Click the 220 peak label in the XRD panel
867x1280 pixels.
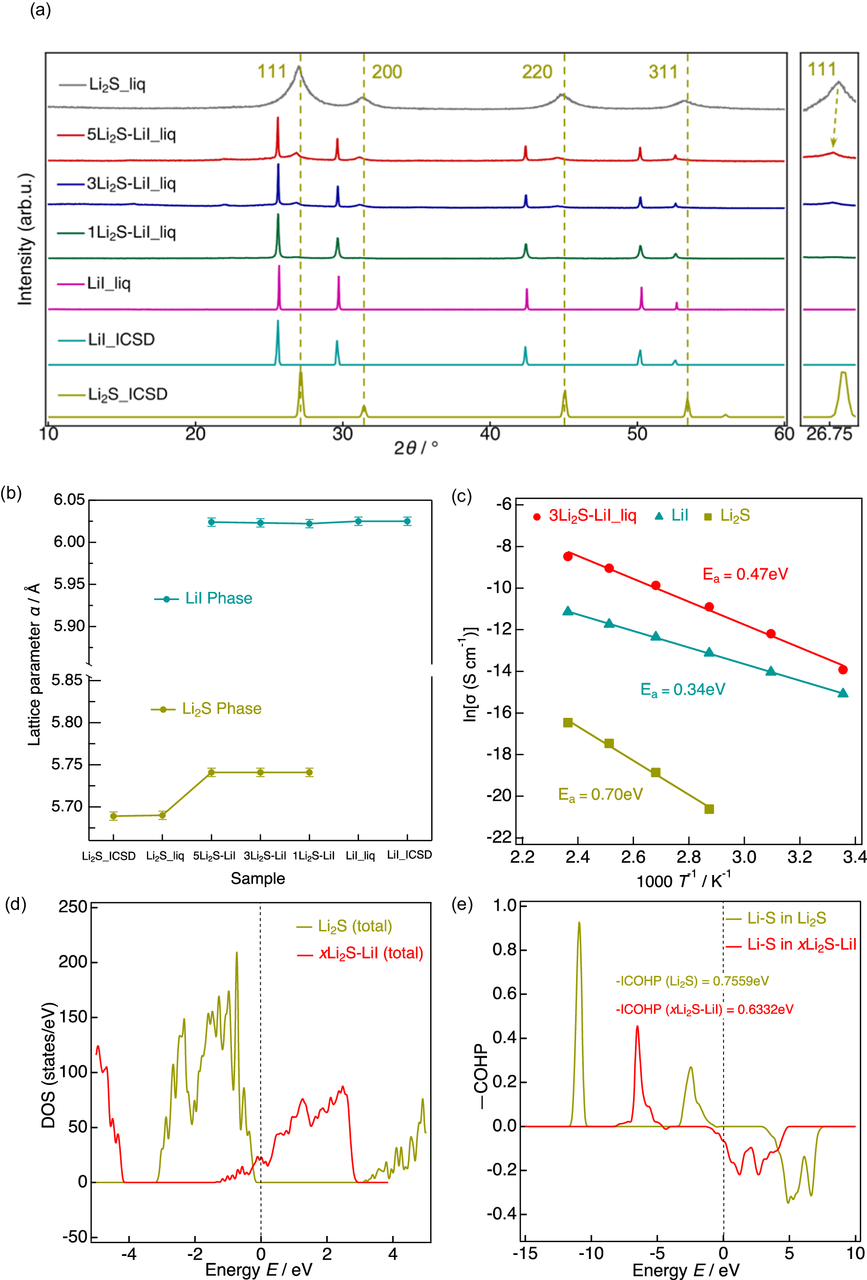537,72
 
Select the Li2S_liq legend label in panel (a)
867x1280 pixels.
117,85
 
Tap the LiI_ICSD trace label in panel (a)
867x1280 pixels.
121,339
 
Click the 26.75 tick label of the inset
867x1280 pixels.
829,435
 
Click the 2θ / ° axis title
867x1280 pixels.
416,447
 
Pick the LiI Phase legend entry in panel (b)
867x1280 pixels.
218,599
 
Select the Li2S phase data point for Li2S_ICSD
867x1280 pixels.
114,816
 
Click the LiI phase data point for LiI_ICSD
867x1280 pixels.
407,521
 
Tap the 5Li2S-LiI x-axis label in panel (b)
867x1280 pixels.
214,856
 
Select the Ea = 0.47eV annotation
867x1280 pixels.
745,574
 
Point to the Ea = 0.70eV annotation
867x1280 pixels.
600,794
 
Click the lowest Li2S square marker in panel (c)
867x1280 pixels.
709,809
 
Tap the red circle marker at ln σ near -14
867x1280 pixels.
842,670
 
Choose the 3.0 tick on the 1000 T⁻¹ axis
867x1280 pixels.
744,858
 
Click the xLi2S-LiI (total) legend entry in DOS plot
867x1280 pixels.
371,953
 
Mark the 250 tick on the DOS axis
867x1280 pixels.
73,907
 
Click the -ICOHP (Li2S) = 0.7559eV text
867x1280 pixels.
692,981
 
